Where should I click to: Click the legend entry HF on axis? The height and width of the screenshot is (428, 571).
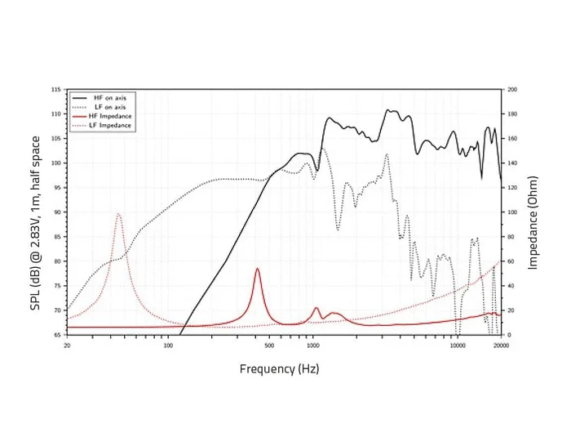click(108, 97)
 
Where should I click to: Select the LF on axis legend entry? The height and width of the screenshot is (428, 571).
click(108, 107)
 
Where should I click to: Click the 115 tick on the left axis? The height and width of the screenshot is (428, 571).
click(56, 89)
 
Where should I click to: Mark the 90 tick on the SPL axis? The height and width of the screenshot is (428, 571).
click(57, 212)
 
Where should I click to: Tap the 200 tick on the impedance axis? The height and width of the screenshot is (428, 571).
click(512, 89)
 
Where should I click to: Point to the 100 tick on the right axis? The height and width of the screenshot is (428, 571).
click(512, 212)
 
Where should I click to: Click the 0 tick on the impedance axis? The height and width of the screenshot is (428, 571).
click(508, 335)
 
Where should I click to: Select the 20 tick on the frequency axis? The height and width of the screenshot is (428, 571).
click(67, 345)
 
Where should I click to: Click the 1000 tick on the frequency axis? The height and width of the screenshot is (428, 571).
click(312, 345)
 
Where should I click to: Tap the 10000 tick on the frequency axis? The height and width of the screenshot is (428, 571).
click(458, 345)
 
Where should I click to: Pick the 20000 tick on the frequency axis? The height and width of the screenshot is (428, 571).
click(501, 345)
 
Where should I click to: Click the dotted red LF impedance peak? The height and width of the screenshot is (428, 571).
click(118, 214)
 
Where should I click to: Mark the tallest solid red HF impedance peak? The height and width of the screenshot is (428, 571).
click(257, 269)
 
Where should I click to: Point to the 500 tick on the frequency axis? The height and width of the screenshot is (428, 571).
click(269, 345)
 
